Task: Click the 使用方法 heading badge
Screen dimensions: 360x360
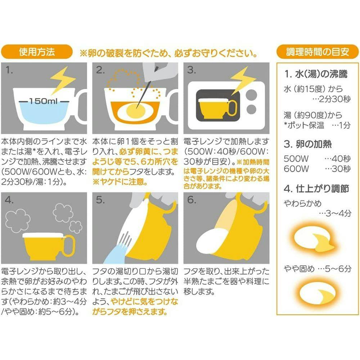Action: (x=37, y=52)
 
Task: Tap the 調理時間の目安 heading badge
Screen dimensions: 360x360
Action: (x=318, y=52)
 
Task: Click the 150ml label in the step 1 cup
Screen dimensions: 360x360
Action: (x=44, y=101)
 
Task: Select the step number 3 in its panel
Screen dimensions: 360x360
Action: (x=192, y=70)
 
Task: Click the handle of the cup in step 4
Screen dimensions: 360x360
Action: (x=69, y=246)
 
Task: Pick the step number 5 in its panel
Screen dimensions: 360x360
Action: (x=100, y=200)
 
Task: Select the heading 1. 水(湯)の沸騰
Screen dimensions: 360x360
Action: (x=316, y=74)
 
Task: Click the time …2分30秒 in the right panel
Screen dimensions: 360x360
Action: (x=332, y=99)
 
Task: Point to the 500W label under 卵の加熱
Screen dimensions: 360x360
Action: (x=296, y=159)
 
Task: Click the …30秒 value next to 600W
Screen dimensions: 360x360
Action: (x=338, y=169)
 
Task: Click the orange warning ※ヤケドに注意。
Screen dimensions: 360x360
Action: (x=120, y=182)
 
